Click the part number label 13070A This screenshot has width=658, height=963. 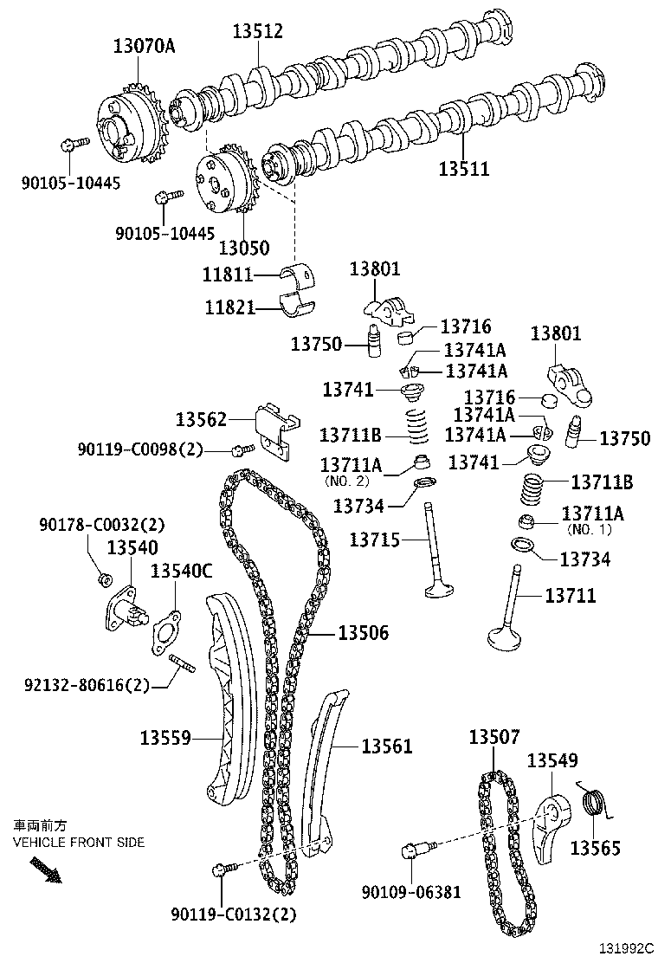[x=143, y=45]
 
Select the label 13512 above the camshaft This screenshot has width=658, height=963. [x=257, y=31]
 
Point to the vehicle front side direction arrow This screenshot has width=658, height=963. [x=46, y=869]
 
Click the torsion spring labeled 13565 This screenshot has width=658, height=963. [x=593, y=805]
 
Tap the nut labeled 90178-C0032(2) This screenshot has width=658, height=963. [x=104, y=578]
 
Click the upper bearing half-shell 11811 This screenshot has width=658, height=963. [x=300, y=275]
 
